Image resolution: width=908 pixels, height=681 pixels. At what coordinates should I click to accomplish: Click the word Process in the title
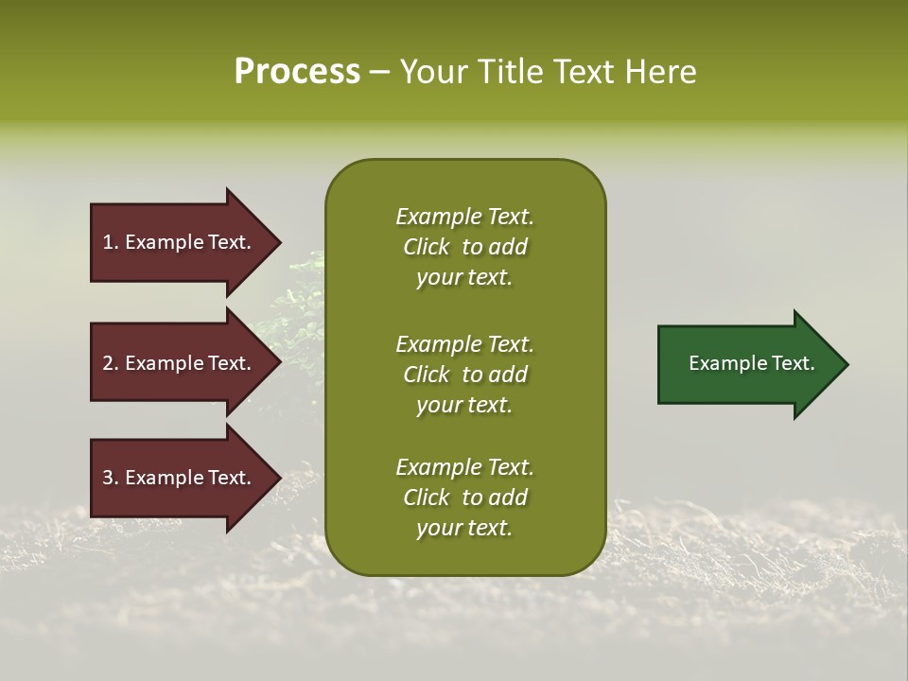coord(297,71)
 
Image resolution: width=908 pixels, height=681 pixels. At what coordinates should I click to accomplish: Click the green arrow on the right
coord(747,364)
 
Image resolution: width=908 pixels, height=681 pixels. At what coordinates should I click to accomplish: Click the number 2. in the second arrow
coord(110,363)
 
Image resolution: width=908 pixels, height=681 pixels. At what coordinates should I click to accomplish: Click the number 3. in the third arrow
coord(110,478)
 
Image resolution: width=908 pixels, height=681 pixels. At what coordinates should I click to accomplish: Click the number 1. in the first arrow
coord(110,242)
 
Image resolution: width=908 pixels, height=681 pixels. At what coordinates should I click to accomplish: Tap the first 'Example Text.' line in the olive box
coord(464,217)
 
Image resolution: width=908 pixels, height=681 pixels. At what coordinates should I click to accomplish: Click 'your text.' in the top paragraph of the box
coord(464,277)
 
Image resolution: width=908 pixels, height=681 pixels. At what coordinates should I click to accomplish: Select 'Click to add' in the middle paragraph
coord(464,375)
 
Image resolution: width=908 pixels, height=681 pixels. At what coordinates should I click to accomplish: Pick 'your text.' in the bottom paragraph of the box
coord(464,529)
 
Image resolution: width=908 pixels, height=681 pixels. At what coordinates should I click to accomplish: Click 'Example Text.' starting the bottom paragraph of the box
coord(464,467)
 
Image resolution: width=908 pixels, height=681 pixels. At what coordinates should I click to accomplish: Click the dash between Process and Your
coord(379,73)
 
